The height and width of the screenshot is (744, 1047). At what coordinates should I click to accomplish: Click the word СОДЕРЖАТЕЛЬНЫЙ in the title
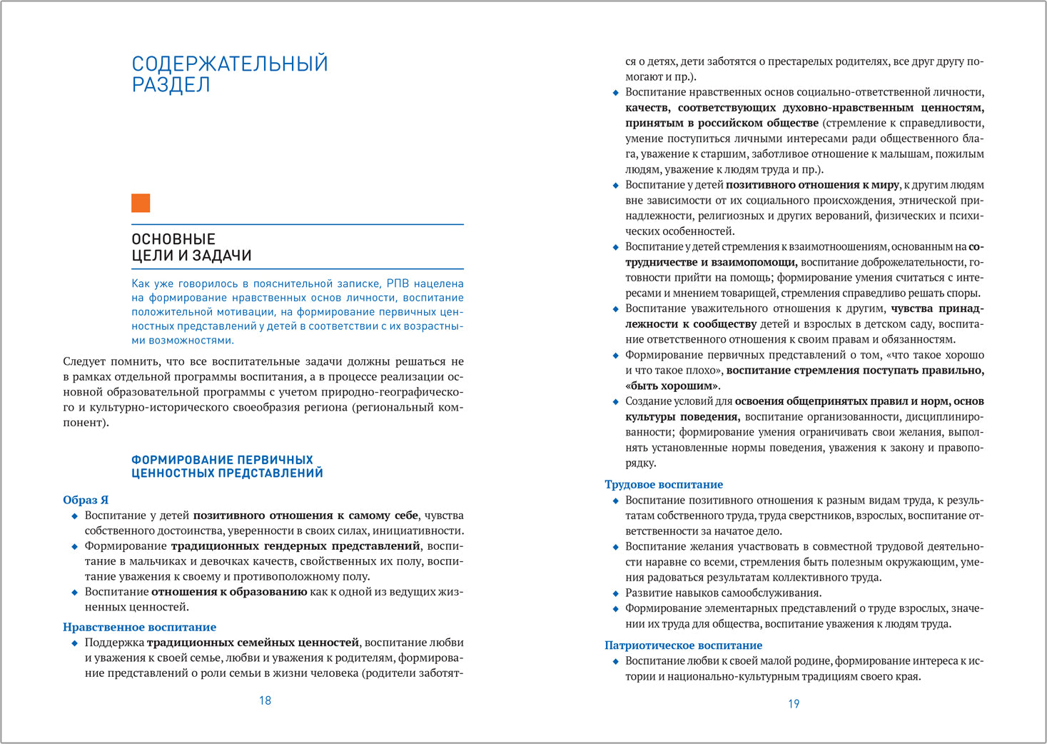pos(230,64)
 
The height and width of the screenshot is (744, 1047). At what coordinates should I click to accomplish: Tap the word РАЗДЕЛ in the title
pos(171,85)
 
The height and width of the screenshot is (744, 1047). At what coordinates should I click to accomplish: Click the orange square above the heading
pos(141,203)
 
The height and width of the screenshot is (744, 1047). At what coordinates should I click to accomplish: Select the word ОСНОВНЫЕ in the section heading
pos(173,239)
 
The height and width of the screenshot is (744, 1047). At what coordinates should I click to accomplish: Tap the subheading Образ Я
pos(86,500)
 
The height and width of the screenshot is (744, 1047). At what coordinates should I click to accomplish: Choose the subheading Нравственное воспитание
pos(139,627)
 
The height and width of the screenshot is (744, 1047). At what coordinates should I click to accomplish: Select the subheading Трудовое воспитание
pos(664,484)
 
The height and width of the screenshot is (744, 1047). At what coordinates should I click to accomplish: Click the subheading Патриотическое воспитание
pos(683,645)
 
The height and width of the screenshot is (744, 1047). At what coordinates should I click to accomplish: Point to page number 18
pos(265,700)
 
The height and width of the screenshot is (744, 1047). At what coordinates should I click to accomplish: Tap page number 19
pos(794,703)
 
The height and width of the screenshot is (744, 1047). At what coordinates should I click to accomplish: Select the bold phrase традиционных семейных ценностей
pos(253,643)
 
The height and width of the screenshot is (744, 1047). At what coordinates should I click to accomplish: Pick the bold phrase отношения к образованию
pos(228,592)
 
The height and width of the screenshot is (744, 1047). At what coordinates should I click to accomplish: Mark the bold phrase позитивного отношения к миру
pos(813,185)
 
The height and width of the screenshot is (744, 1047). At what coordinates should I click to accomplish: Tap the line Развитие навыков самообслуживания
pos(723,593)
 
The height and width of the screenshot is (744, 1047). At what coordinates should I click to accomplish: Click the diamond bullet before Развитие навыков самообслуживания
pos(616,593)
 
